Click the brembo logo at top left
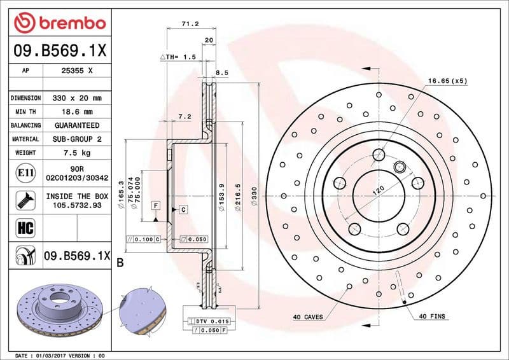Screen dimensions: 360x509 pyautogui.click(x=59, y=23)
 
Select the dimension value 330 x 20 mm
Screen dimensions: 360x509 pyautogui.click(x=78, y=99)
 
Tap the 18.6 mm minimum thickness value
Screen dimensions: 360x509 pyautogui.click(x=78, y=112)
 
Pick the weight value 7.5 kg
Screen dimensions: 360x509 pyautogui.click(x=78, y=153)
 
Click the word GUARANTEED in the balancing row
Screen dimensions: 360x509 pyautogui.click(x=78, y=125)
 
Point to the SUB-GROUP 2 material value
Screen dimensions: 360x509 pyautogui.click(x=78, y=139)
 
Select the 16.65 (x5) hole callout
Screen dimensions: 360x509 pyautogui.click(x=447, y=81)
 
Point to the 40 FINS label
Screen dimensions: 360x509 pyautogui.click(x=433, y=317)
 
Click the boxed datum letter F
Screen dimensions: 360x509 pyautogui.click(x=155, y=205)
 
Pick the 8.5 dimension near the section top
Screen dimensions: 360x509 pyautogui.click(x=221, y=73)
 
